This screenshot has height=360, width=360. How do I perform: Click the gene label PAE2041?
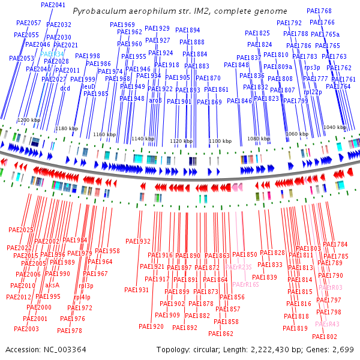point(53,5)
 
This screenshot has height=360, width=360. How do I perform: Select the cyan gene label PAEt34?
point(52,53)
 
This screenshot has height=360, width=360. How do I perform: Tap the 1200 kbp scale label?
point(28,120)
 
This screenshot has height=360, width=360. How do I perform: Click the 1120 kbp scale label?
point(181,141)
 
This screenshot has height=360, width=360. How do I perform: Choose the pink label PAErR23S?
point(238,266)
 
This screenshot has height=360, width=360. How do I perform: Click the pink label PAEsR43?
point(327,324)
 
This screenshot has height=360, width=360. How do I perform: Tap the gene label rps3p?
point(313,67)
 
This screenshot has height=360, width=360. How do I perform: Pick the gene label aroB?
point(155,100)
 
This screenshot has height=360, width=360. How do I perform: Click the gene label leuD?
point(88,86)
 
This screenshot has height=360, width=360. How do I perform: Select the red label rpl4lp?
point(82,297)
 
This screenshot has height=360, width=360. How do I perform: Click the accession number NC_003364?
point(58,349)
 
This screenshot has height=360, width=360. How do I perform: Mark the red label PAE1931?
point(137,290)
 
